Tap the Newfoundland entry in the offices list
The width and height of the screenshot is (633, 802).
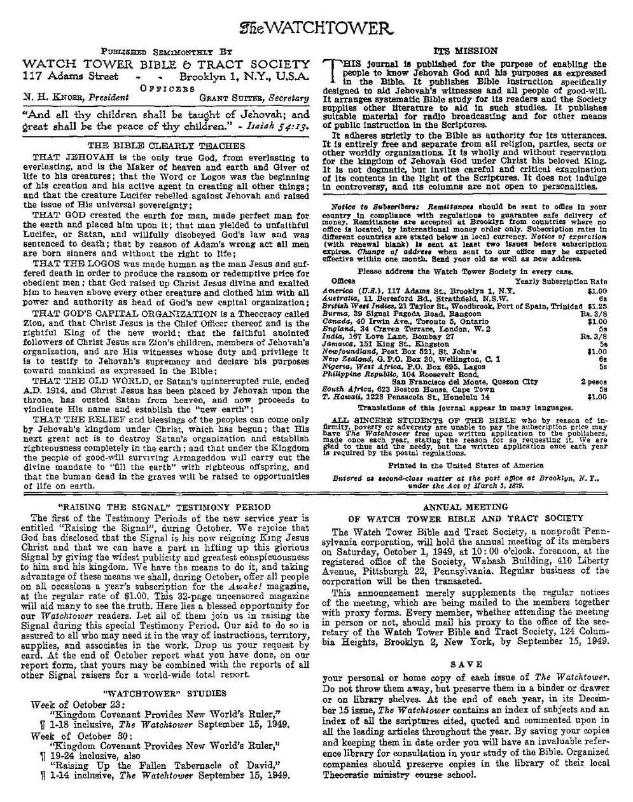[x=407, y=351]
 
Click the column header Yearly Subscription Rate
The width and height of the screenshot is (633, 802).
[x=560, y=280]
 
